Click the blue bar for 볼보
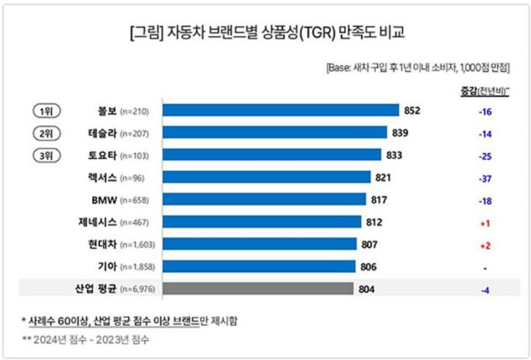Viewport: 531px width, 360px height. click(280, 110)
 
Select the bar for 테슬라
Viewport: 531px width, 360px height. click(275, 132)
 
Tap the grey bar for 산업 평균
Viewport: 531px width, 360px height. click(257, 289)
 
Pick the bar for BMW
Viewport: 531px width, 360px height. click(264, 199)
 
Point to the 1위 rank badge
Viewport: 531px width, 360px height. click(45, 110)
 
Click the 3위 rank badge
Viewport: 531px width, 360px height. click(45, 155)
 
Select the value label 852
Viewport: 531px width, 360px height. click(411, 110)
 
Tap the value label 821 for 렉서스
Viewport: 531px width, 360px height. click(384, 177)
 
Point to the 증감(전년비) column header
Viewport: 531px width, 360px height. click(486, 90)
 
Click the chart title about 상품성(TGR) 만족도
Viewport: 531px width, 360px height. click(265, 34)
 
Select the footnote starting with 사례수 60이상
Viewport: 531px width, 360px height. click(131, 321)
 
